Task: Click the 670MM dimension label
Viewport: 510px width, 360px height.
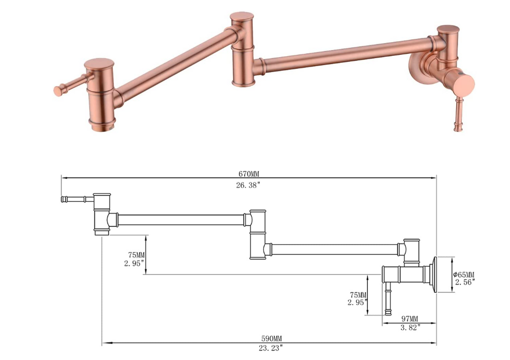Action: tap(249, 174)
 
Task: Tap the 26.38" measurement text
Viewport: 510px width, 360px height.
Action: tap(248, 185)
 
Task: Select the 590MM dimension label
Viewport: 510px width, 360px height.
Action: tap(272, 339)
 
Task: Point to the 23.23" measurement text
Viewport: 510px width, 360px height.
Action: tap(271, 348)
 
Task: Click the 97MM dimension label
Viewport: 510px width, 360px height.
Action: tap(409, 319)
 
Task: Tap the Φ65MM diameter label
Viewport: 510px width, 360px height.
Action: tap(464, 274)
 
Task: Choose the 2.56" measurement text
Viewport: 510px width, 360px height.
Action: tap(465, 282)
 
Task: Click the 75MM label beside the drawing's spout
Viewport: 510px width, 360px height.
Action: tap(136, 255)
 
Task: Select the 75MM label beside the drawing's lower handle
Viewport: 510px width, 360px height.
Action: tap(358, 295)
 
